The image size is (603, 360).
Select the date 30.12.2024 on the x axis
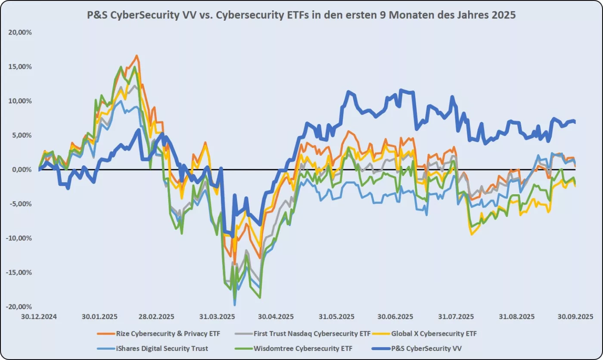pos(39,316)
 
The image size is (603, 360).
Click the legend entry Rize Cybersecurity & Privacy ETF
pos(168,333)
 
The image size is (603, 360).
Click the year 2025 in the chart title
pos(504,15)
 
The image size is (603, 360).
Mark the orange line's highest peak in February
pos(137,56)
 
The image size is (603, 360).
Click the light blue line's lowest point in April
pos(235,305)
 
